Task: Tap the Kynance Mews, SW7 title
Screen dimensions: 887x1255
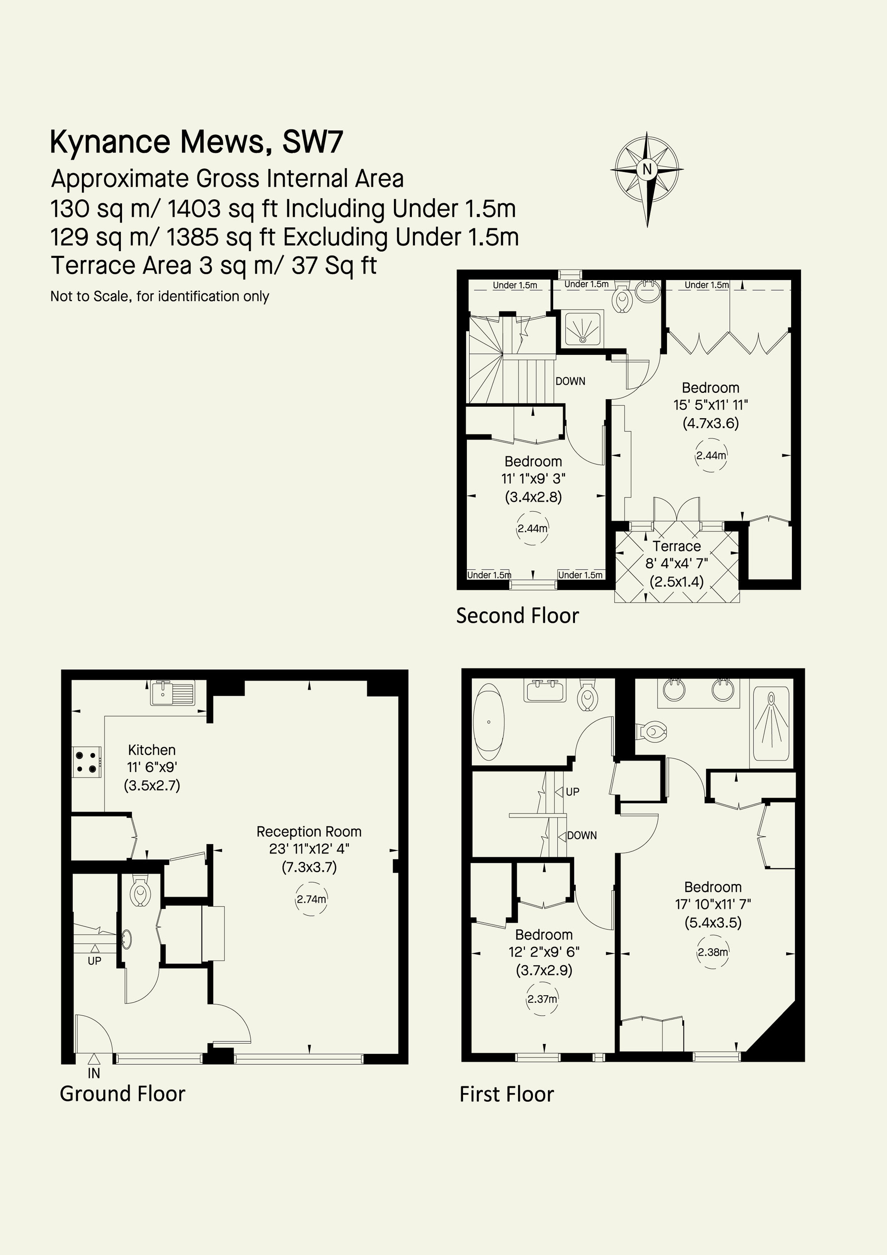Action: coord(197,142)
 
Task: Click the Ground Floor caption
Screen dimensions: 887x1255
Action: coord(122,1094)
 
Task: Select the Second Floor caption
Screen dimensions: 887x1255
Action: coord(517,615)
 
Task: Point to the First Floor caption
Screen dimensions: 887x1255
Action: coord(507,1094)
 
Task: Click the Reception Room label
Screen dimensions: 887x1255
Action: coord(310,832)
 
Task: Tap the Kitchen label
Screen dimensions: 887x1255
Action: coord(152,750)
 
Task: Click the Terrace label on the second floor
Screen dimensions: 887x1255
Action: coord(677,546)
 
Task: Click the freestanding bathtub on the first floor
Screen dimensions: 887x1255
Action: coord(489,722)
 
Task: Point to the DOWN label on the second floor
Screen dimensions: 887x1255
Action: coord(570,381)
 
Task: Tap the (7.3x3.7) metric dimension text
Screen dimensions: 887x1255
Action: coord(310,867)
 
